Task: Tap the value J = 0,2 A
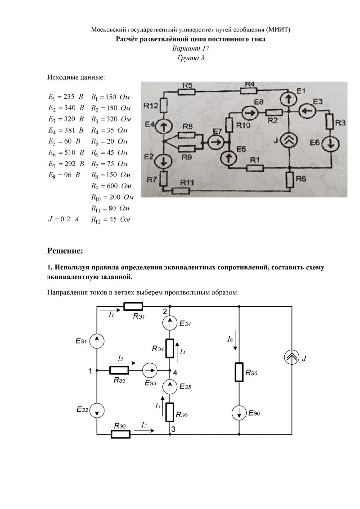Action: (63, 219)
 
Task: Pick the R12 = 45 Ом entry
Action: (111, 219)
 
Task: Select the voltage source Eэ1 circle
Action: (97, 342)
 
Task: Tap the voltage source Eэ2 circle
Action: (97, 410)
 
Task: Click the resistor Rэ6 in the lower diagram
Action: (239, 372)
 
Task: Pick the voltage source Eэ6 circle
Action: (239, 413)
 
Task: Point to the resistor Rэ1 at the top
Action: (133, 307)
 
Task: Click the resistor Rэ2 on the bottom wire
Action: (121, 434)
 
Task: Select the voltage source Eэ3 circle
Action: (149, 371)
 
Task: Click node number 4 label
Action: (175, 373)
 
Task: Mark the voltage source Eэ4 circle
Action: (170, 322)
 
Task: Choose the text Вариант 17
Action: (191, 48)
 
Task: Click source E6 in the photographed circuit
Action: (331, 144)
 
